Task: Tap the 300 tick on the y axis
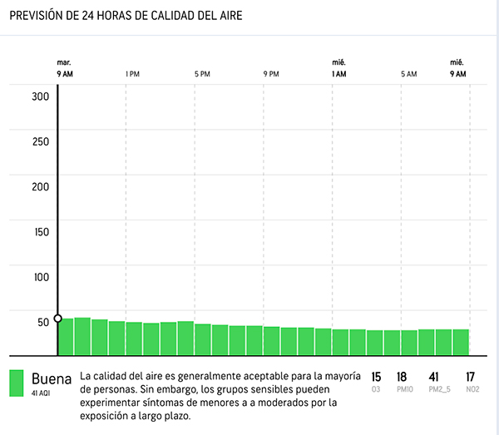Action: [x=41, y=96]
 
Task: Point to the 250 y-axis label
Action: [x=41, y=141]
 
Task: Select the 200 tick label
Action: [x=41, y=186]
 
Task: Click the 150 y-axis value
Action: [x=41, y=231]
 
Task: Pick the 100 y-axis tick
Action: [x=41, y=276]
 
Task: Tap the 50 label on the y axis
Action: [x=44, y=322]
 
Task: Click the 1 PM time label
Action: [x=132, y=75]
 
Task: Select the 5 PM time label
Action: [x=202, y=75]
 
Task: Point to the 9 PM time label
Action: [x=271, y=75]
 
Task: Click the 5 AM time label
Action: [x=408, y=75]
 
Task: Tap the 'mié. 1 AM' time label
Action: [x=338, y=68]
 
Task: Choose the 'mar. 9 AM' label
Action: [x=64, y=68]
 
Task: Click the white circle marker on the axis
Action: [x=57, y=319]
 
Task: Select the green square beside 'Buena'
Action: [x=17, y=383]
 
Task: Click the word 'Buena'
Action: [x=52, y=378]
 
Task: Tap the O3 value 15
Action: [x=376, y=378]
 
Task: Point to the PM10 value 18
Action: [x=402, y=378]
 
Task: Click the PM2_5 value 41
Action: [x=433, y=378]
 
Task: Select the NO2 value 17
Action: [x=471, y=378]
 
